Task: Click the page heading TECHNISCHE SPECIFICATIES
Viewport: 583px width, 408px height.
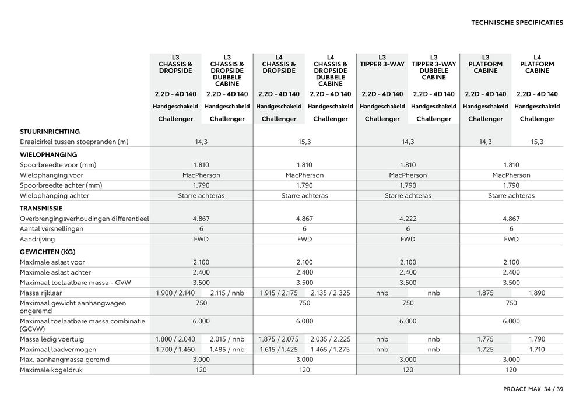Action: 517,23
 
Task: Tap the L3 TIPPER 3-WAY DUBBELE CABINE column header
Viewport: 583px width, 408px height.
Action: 434,67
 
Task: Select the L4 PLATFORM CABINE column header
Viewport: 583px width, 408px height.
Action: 537,64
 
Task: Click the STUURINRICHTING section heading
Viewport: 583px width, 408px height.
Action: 50,132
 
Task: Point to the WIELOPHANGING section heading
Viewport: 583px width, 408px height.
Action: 48,155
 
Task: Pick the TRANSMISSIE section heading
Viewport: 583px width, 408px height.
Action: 41,208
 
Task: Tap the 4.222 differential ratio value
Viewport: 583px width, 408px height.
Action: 408,219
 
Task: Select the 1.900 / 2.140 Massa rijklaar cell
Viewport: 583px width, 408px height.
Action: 175,293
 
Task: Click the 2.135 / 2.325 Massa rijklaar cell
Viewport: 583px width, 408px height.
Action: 331,293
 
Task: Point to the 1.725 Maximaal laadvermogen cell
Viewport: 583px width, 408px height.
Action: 486,350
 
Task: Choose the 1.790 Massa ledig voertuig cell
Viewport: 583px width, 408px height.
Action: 537,339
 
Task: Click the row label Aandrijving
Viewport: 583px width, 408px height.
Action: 37,240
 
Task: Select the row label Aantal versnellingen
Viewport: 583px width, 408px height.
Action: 51,229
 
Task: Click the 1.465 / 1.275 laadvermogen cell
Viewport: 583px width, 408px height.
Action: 331,350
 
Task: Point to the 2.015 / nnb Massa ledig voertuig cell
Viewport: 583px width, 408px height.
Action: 227,339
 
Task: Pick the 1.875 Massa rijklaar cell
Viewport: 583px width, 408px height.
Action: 486,293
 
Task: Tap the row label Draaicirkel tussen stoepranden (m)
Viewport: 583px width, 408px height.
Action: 74,142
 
